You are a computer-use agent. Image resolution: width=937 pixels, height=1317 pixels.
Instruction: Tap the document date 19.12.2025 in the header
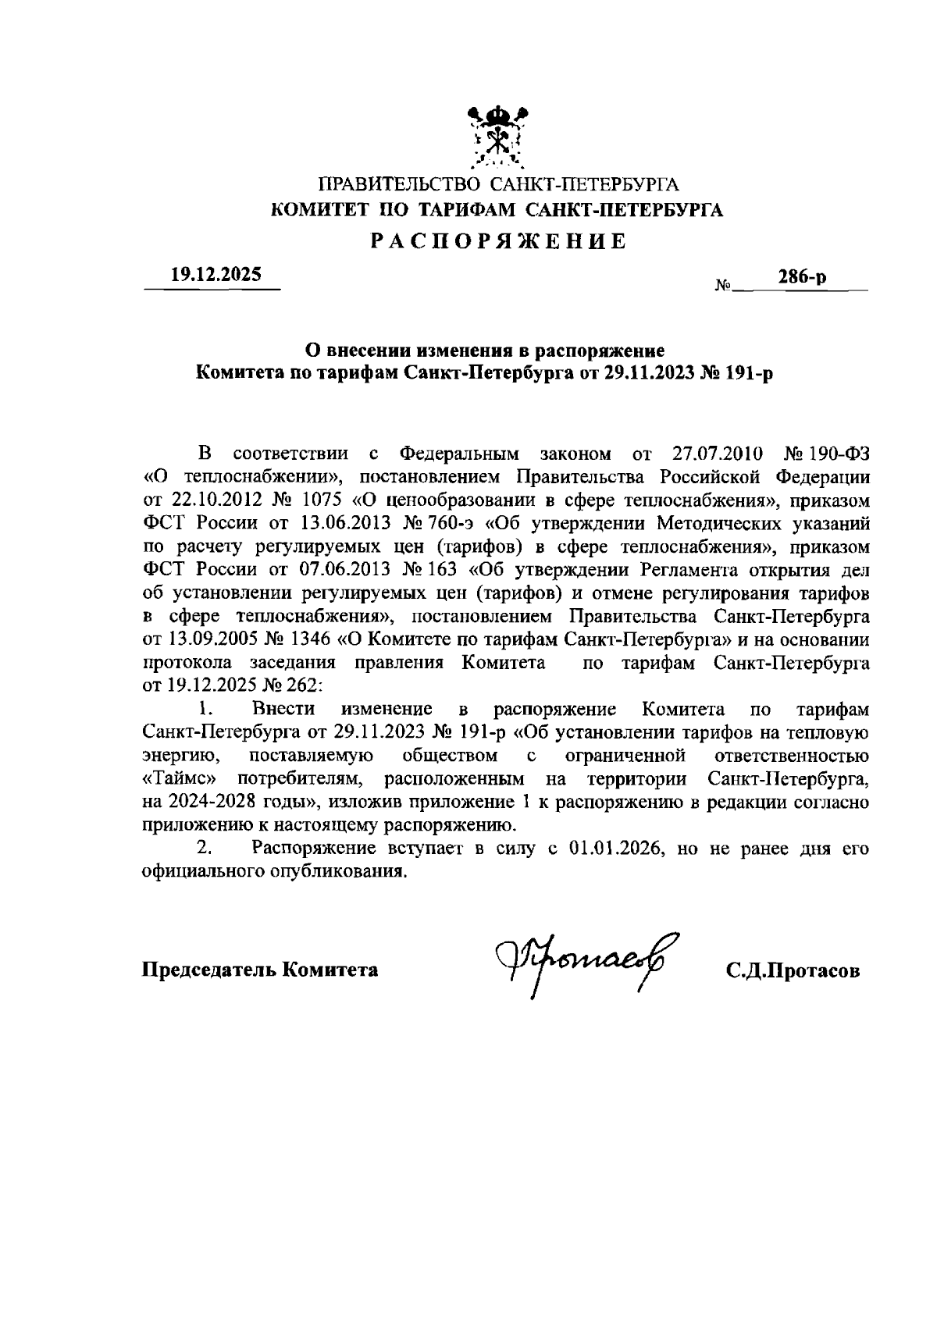click(216, 275)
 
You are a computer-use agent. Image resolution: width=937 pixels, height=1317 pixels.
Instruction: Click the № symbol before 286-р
click(722, 287)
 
